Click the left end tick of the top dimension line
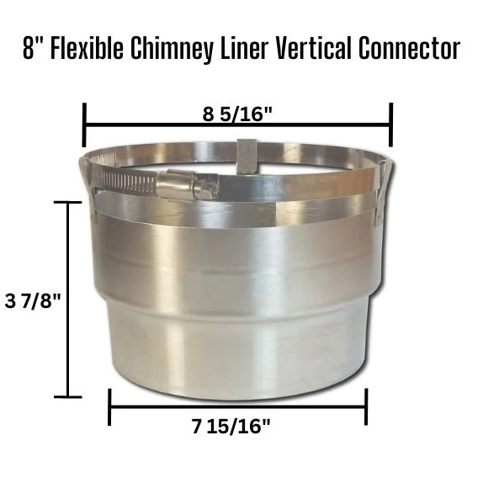point(84,125)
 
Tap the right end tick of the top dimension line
point(391,125)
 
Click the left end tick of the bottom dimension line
point(110,407)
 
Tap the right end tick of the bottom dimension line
point(365,407)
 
